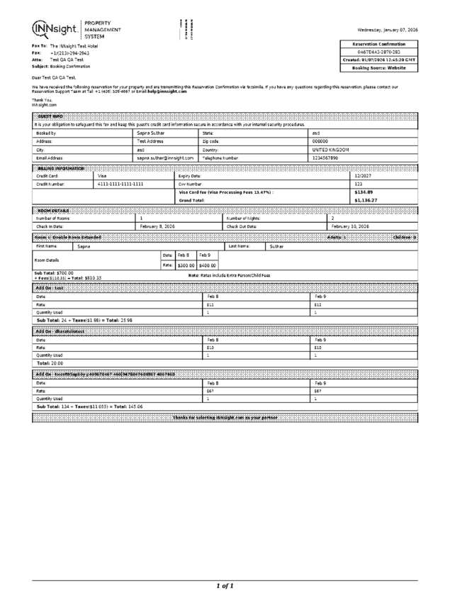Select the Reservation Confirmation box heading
click(379, 44)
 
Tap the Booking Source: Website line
click(379, 68)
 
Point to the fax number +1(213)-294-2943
click(69, 52)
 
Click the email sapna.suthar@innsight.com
click(165, 158)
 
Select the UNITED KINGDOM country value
click(330, 150)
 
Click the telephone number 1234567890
click(326, 158)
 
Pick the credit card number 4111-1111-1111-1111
click(120, 184)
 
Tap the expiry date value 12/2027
click(363, 176)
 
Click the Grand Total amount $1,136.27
click(366, 201)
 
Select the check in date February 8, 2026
click(157, 226)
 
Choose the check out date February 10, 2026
click(350, 226)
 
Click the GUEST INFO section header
click(50, 116)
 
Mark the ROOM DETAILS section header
click(53, 211)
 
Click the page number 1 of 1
click(225, 586)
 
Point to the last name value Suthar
click(277, 246)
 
